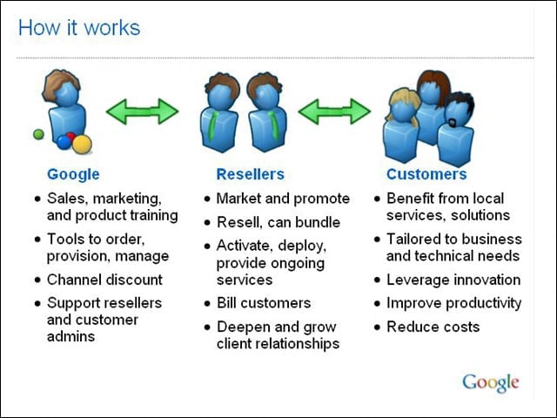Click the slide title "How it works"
pos(79,28)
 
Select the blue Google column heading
pos(73,174)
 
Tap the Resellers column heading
pos(251,174)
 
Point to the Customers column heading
pos(426,174)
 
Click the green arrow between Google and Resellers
pos(142,111)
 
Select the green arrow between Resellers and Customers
pos(334,111)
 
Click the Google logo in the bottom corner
pos(491,383)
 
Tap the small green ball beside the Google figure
pos(38,134)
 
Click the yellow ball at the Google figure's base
pos(83,144)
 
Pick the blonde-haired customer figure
pos(401,126)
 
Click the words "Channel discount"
pos(104,280)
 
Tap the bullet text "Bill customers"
pos(264,303)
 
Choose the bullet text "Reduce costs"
pos(433,327)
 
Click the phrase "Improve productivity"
pos(454,304)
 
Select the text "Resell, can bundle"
pos(278,223)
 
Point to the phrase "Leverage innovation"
pos(453,280)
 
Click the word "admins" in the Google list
pos(70,336)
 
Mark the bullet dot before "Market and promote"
pos(207,199)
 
